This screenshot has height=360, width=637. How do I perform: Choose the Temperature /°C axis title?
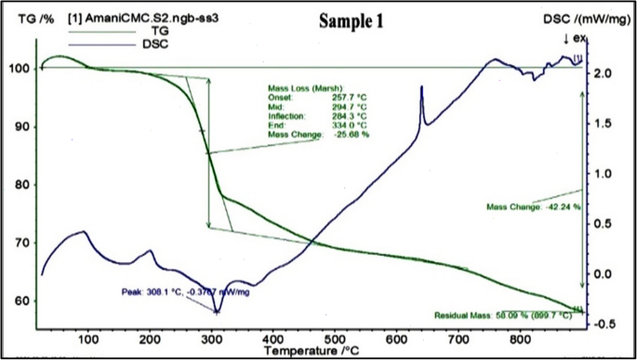(x=311, y=353)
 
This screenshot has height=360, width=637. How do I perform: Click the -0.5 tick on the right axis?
(x=603, y=324)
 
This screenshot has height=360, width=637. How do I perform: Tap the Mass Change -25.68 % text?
(x=318, y=135)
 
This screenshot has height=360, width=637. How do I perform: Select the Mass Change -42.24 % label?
(x=534, y=207)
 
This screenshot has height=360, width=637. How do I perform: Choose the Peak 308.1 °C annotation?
(x=185, y=291)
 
